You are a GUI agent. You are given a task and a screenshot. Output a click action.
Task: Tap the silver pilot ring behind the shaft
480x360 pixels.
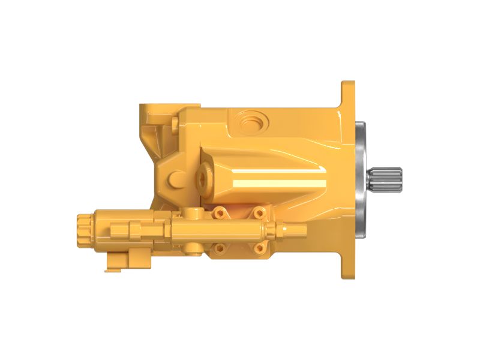(x=362, y=180)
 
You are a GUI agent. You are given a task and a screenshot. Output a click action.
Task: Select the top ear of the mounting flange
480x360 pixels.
(x=348, y=96)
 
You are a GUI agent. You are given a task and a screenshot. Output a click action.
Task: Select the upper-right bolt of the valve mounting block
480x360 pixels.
(x=259, y=212)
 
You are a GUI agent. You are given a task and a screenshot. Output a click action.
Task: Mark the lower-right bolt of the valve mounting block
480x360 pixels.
(x=259, y=247)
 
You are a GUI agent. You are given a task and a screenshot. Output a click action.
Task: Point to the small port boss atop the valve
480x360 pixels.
(x=192, y=212)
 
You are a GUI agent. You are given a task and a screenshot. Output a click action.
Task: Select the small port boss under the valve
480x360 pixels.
(x=192, y=247)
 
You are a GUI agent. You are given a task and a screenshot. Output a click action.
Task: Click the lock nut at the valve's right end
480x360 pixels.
(x=278, y=229)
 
